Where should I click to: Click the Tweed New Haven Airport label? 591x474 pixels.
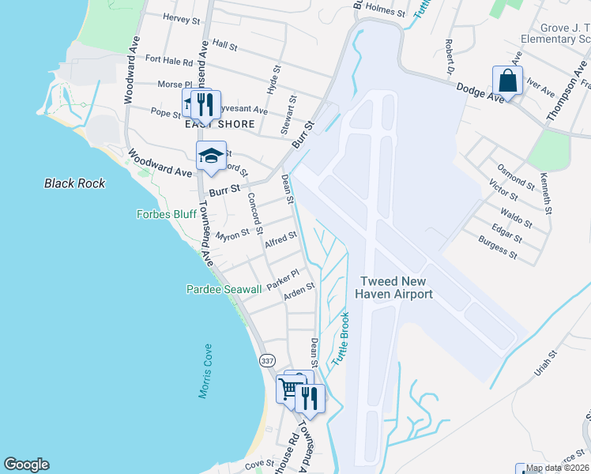pos(396,288)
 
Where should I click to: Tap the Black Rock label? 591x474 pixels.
pos(75,183)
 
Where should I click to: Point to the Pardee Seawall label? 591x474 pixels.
pos(224,290)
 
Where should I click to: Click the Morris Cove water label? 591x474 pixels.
pos(205,371)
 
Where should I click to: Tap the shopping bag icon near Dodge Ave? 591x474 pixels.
pos(507,81)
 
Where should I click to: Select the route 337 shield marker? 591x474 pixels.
pos(267,360)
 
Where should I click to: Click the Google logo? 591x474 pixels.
pos(26,465)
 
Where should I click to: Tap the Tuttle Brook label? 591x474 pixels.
pos(341,338)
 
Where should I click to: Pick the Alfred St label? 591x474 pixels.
pos(280,240)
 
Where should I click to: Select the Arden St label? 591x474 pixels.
pos(299,291)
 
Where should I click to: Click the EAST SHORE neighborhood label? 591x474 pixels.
pos(220,124)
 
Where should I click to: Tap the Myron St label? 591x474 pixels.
pos(233,234)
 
